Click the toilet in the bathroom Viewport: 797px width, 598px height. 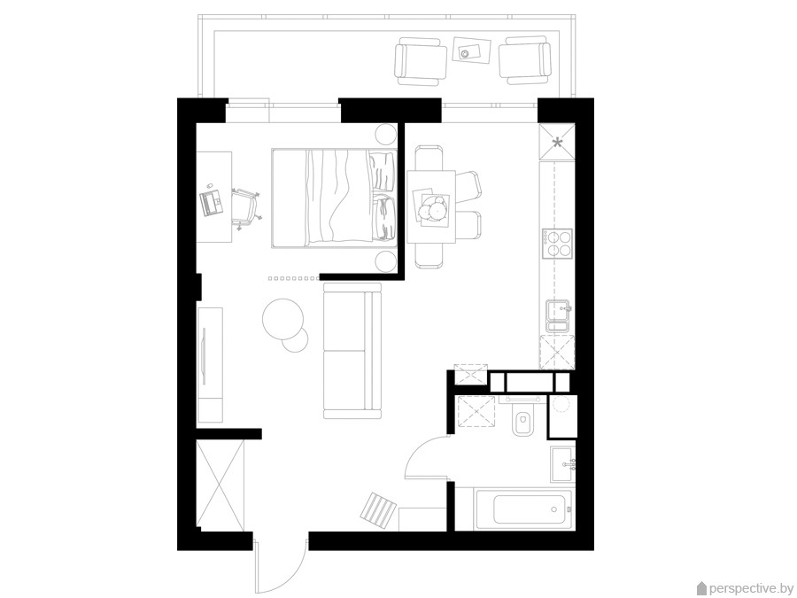click(x=522, y=420)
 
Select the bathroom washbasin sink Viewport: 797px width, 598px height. click(x=562, y=464)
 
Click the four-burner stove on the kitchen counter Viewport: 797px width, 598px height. click(x=557, y=244)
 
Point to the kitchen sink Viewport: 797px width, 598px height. click(x=559, y=315)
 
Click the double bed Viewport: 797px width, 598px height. click(x=334, y=198)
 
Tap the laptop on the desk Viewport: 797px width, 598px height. click(x=211, y=202)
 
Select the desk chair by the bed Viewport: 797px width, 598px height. click(x=245, y=207)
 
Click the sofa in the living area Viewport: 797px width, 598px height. click(x=352, y=351)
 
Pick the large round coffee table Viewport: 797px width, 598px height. click(x=282, y=319)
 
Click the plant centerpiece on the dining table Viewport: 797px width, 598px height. click(x=432, y=208)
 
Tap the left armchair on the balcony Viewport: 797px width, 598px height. click(x=421, y=61)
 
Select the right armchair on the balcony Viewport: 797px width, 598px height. click(x=524, y=60)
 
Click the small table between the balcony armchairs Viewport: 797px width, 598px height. click(x=471, y=50)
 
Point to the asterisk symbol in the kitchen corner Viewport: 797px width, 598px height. click(x=558, y=143)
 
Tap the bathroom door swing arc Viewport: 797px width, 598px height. click(x=417, y=452)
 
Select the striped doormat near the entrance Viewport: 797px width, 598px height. click(x=379, y=509)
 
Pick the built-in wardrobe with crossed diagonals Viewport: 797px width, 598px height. click(x=221, y=485)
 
